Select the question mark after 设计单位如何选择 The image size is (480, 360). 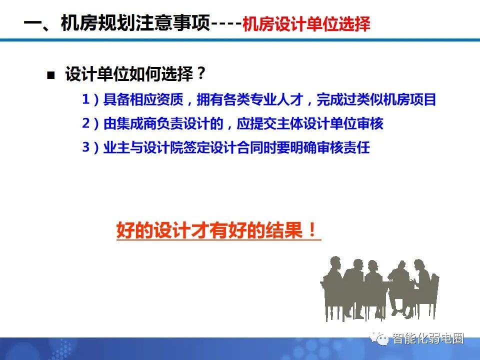(200, 75)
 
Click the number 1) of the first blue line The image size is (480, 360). (90, 99)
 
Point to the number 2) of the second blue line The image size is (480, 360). (90, 123)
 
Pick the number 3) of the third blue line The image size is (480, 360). (90, 148)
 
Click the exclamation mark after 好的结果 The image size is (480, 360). (312, 231)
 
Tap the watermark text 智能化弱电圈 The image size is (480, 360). (428, 338)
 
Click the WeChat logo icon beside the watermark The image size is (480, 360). (383, 339)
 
